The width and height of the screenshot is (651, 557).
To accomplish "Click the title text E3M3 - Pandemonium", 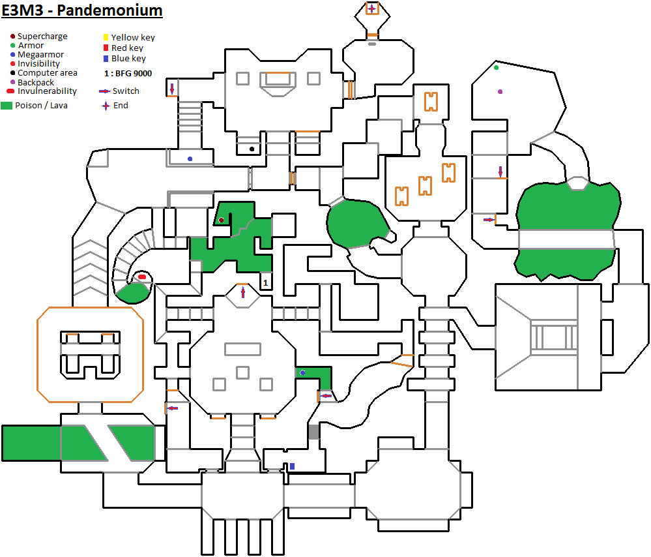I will [82, 11].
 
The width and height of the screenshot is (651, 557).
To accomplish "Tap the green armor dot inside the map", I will [497, 67].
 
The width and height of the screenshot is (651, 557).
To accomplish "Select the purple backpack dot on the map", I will [500, 92].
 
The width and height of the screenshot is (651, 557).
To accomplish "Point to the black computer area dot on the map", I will [252, 149].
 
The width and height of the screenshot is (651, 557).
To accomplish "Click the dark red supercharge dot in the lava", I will [222, 220].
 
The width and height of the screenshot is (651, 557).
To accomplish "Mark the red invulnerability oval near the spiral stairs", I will [142, 277].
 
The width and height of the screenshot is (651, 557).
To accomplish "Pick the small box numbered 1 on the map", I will [265, 282].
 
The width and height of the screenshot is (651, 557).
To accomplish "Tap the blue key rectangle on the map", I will [293, 466].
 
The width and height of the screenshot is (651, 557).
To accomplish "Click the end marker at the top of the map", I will [371, 8].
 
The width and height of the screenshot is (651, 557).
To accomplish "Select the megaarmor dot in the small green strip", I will [302, 373].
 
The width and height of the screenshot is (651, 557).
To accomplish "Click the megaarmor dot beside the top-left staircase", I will [190, 158].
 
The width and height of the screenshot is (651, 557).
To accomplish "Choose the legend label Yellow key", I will [133, 38].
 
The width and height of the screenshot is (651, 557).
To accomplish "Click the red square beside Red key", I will [106, 48].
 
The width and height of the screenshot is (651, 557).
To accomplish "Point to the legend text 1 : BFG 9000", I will [128, 74].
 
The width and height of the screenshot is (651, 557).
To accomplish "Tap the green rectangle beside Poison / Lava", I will [7, 105].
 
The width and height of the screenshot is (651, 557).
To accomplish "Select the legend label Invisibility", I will [38, 64].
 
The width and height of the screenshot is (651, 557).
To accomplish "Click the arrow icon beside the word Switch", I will [104, 91].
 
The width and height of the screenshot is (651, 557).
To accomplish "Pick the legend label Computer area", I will [48, 73].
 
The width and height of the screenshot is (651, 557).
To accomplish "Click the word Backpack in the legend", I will [36, 83].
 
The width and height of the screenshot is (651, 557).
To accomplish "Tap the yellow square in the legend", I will [106, 38].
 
